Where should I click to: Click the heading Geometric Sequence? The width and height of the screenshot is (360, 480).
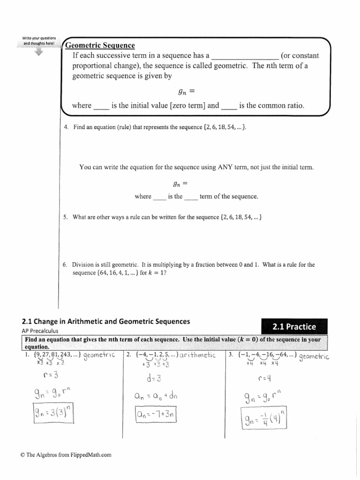(100, 45)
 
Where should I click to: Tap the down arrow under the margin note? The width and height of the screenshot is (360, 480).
(38, 52)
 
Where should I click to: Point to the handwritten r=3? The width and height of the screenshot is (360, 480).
(51, 375)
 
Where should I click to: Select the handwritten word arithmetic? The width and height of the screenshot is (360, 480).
(197, 355)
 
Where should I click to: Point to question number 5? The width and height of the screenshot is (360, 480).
(66, 217)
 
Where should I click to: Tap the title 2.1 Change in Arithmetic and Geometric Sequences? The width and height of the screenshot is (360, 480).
(106, 322)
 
